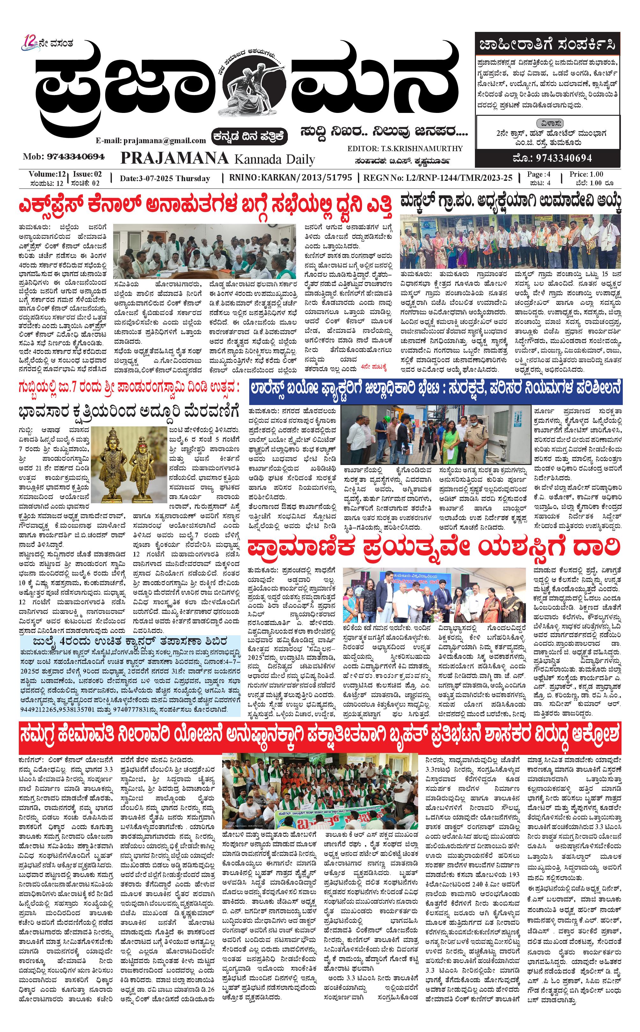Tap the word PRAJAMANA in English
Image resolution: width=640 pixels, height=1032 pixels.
tap(174, 158)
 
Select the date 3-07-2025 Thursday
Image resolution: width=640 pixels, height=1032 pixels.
tap(165, 178)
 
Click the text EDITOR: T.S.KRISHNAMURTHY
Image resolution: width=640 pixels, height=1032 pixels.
tap(405, 149)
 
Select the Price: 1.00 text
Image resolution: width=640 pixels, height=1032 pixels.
tap(586, 174)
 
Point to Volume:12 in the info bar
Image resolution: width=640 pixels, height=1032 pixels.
tap(47, 174)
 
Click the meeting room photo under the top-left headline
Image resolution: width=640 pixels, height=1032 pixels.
tap(204, 251)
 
